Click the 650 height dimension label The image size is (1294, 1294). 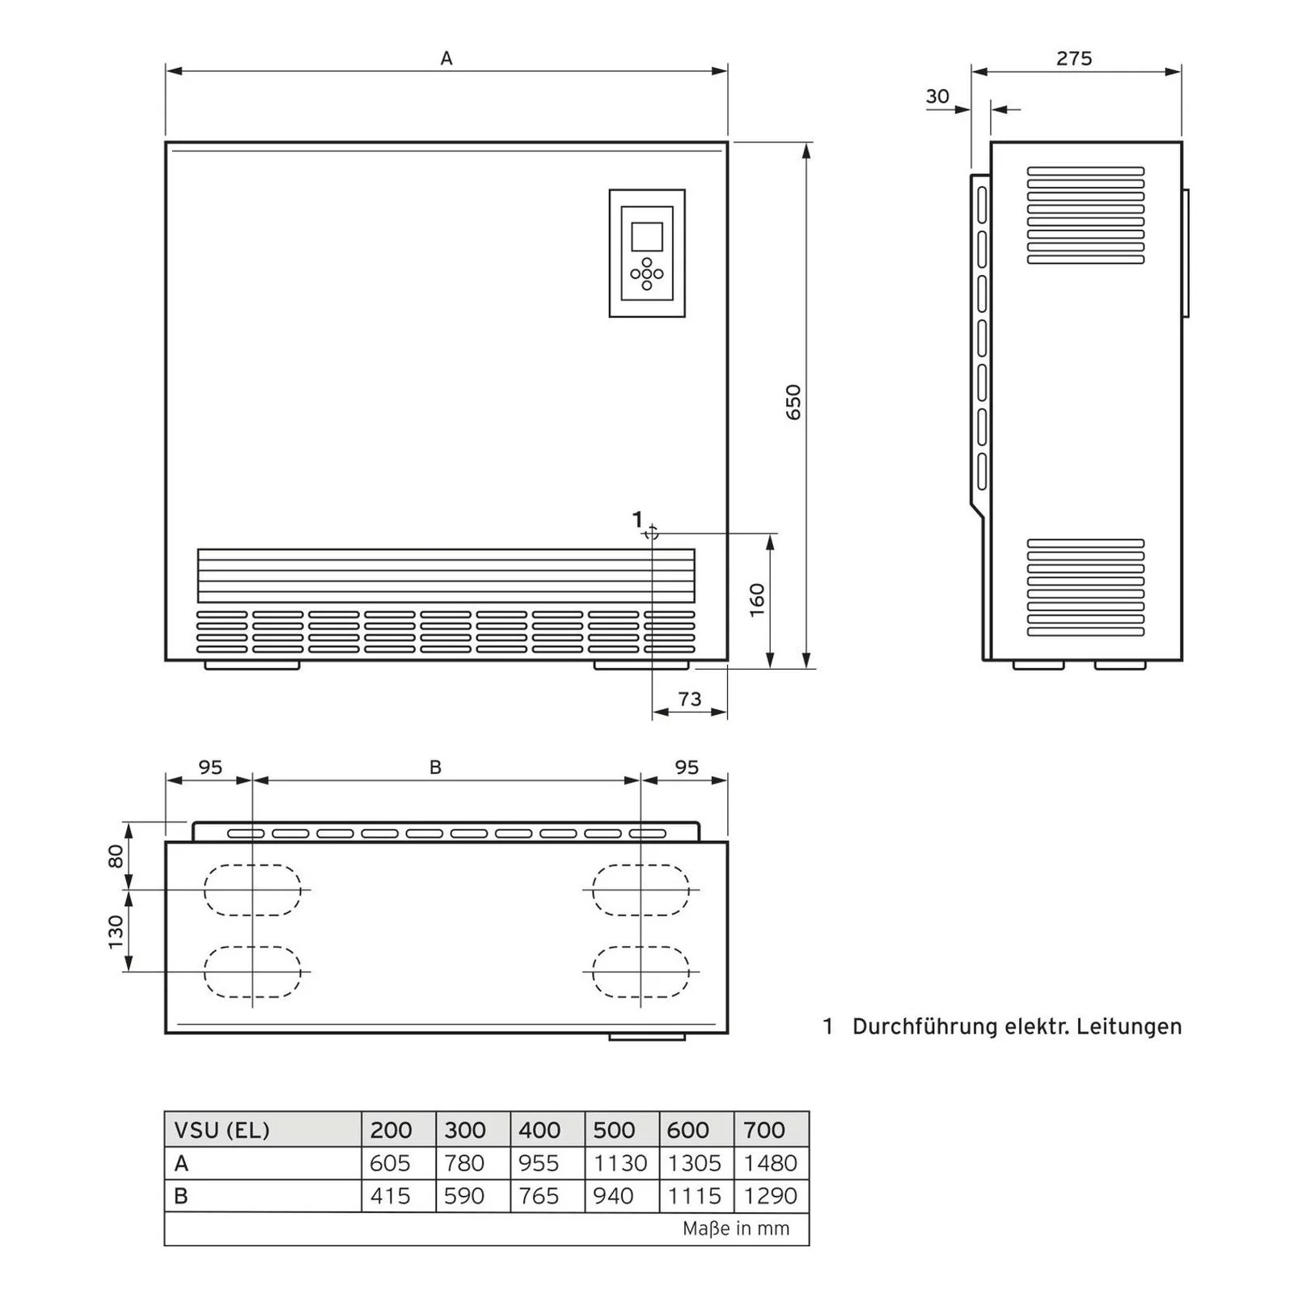point(793,402)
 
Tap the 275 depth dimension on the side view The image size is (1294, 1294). point(1073,58)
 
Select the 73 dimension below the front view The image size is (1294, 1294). point(689,699)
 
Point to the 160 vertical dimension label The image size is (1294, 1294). point(757,600)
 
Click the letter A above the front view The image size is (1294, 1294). point(446,58)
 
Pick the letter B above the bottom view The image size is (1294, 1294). point(435,768)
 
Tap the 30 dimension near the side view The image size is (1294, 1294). point(937,97)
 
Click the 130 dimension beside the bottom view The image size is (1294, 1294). point(116,932)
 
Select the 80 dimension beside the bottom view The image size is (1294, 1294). point(116,856)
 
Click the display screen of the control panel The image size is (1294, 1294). point(646,237)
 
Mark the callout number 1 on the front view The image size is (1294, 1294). point(637,519)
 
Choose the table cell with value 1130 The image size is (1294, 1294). point(620,1163)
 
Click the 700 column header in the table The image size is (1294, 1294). point(763,1130)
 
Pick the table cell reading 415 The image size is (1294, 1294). point(390,1195)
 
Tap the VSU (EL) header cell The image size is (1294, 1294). point(222,1130)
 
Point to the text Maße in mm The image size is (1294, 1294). point(735,1228)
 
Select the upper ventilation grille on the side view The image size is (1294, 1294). point(1085,215)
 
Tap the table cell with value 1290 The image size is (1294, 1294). point(770,1195)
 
